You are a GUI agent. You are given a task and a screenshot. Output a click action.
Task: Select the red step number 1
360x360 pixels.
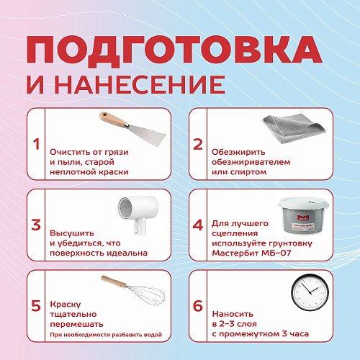[x=36, y=143]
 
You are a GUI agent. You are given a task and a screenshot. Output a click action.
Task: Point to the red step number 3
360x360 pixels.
[x=36, y=224]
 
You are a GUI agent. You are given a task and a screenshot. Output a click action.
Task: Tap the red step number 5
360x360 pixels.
[x=36, y=305]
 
